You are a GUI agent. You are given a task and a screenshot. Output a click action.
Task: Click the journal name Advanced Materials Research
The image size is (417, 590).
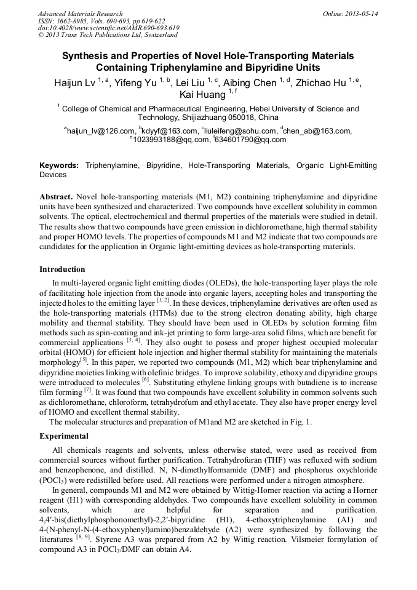(x=80, y=14)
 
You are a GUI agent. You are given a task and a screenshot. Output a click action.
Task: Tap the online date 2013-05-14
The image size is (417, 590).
(x=361, y=14)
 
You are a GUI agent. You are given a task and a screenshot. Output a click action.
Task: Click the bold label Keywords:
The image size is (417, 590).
(x=59, y=166)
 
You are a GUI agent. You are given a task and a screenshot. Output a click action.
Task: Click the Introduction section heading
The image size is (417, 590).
(x=62, y=269)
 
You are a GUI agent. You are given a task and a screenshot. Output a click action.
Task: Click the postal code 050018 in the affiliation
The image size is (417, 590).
(x=229, y=118)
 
